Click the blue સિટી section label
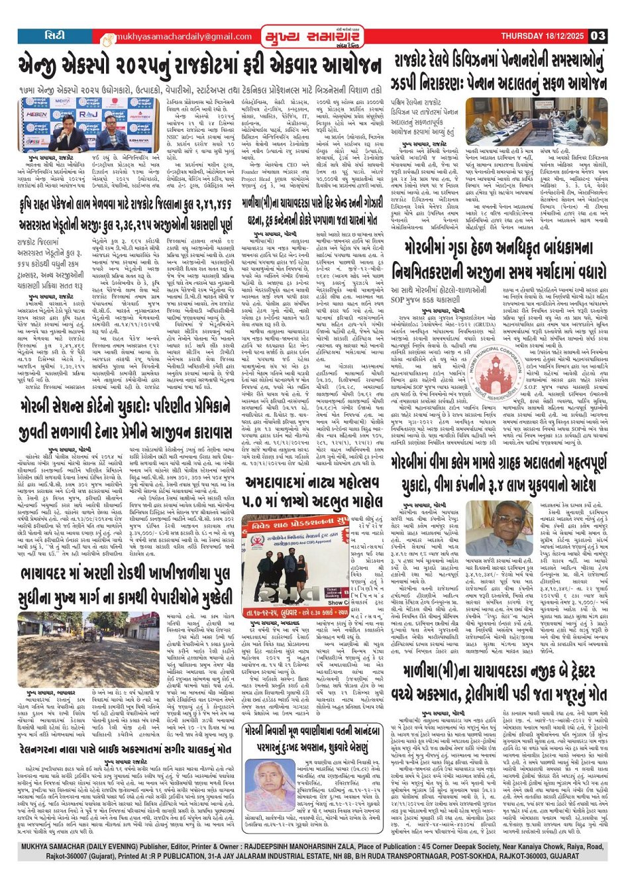(55, 35)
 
